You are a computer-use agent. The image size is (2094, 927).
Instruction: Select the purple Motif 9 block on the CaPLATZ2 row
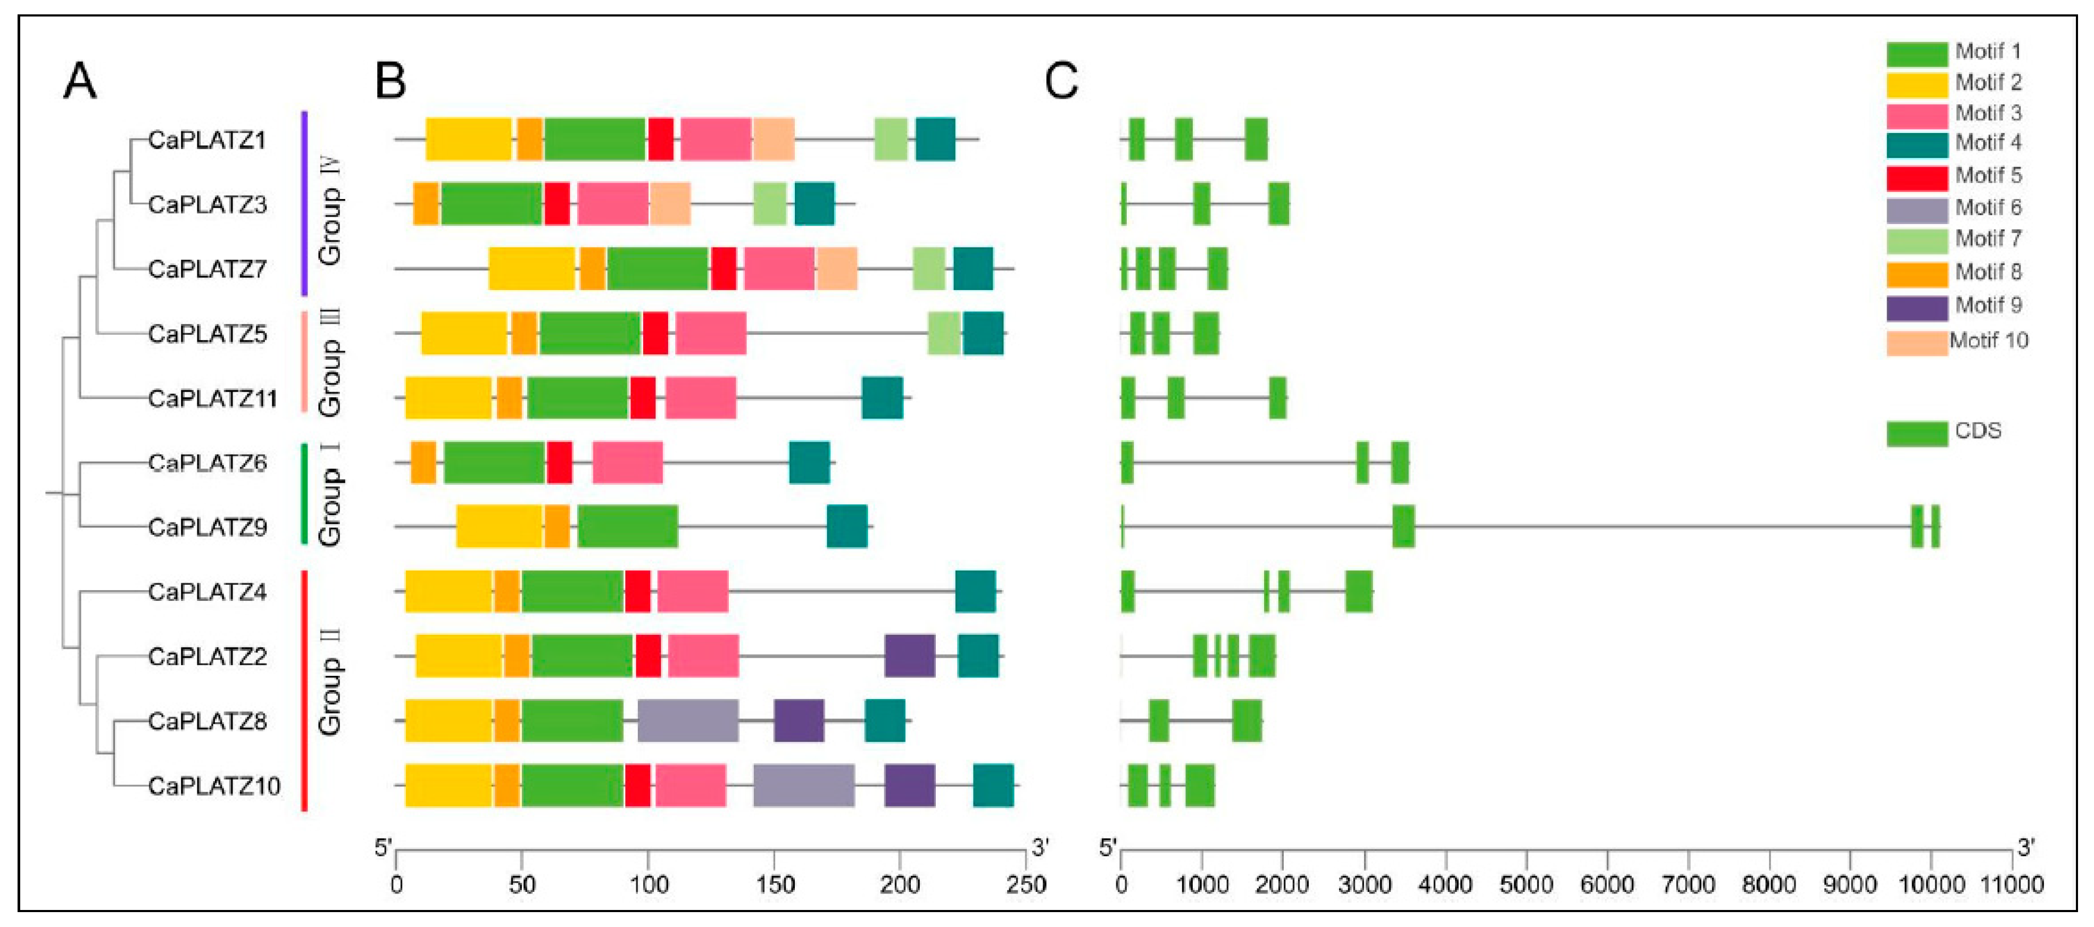point(910,656)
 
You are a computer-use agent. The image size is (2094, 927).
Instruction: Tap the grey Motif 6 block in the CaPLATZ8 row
point(688,721)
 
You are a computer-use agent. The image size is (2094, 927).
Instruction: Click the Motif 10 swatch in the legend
point(1917,342)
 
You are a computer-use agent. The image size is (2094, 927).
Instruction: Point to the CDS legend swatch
point(1917,433)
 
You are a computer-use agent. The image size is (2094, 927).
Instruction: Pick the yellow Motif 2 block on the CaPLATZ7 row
point(531,268)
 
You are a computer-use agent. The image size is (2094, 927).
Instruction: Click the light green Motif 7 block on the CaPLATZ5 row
point(944,334)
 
